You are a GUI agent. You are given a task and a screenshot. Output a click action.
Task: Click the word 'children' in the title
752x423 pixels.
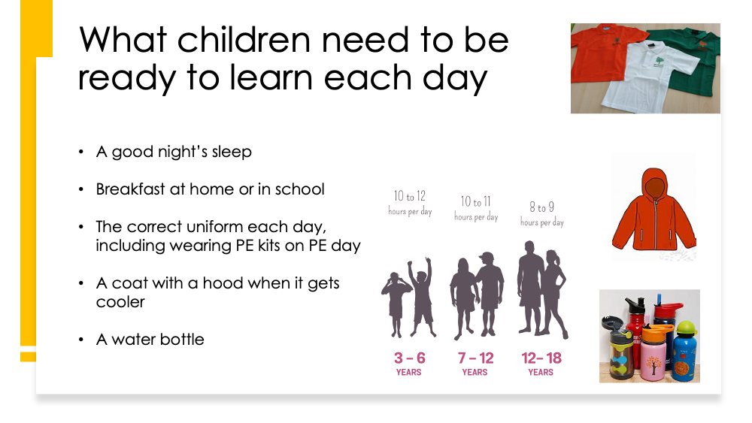pyautogui.click(x=244, y=40)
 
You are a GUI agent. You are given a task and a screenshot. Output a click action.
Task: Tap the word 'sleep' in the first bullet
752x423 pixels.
pyautogui.click(x=232, y=153)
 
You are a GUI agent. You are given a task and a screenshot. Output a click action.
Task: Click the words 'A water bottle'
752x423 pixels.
pyautogui.click(x=150, y=340)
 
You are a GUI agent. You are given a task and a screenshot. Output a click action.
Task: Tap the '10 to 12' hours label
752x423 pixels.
pyautogui.click(x=410, y=196)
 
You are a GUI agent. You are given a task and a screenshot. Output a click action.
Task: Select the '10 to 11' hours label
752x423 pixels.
pyautogui.click(x=476, y=201)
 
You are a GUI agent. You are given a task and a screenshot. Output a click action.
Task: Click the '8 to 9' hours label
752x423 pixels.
pyautogui.click(x=542, y=207)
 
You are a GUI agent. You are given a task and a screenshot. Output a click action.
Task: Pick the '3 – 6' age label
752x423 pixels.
pyautogui.click(x=410, y=358)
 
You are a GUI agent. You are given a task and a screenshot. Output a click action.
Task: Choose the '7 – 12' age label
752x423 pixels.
pyautogui.click(x=475, y=358)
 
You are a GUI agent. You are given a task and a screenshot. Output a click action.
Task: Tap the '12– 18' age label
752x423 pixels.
pyautogui.click(x=541, y=358)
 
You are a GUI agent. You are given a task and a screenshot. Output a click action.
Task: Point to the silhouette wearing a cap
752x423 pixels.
pyautogui.click(x=490, y=293)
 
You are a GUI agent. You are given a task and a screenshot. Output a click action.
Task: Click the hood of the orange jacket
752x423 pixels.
pyautogui.click(x=655, y=184)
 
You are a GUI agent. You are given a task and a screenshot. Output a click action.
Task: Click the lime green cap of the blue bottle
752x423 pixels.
pyautogui.click(x=686, y=328)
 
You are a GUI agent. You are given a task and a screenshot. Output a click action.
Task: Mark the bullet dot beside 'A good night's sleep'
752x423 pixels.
pyautogui.click(x=81, y=153)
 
